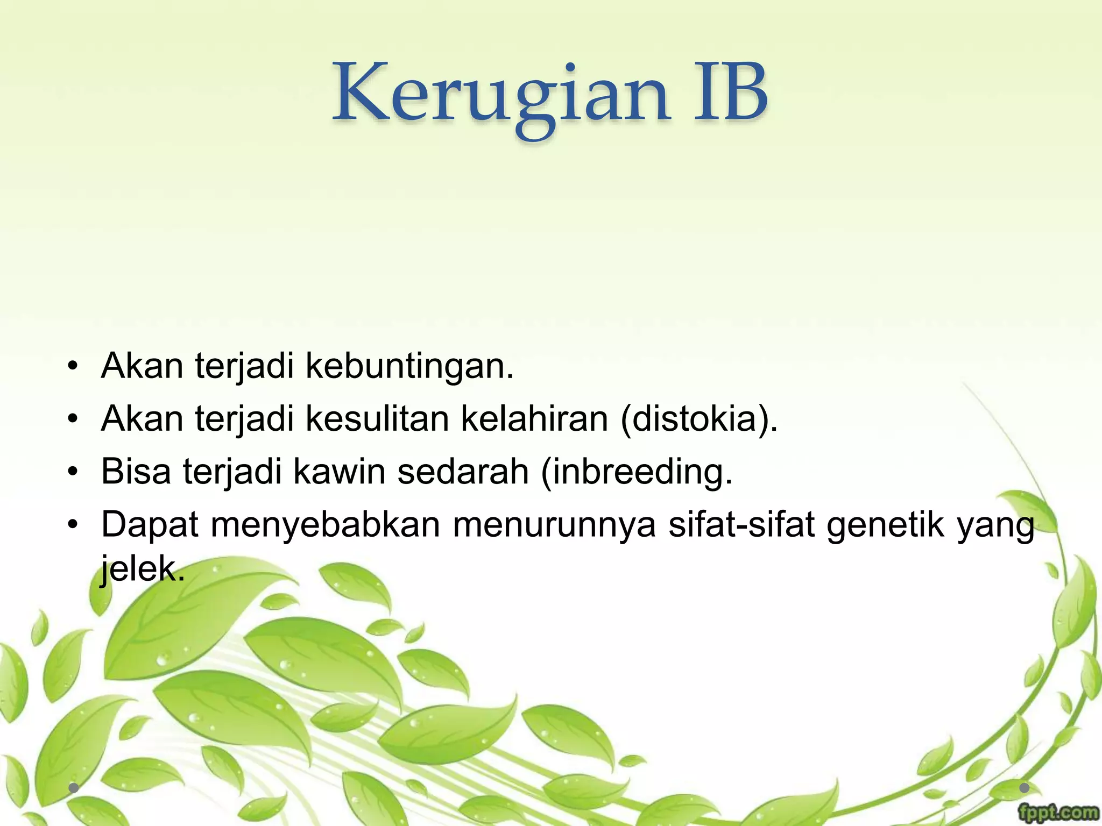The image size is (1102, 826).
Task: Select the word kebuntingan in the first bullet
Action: coord(409,366)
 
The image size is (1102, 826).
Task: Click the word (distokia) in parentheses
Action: coord(699,418)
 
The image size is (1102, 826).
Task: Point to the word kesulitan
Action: coord(377,418)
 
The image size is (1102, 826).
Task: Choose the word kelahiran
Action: coord(534,418)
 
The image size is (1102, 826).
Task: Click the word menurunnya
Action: coord(554,525)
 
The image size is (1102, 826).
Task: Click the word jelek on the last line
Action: coord(142,569)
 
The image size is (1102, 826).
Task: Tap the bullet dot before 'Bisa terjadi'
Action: coord(73,472)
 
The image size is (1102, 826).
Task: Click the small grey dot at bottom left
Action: coord(74,788)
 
